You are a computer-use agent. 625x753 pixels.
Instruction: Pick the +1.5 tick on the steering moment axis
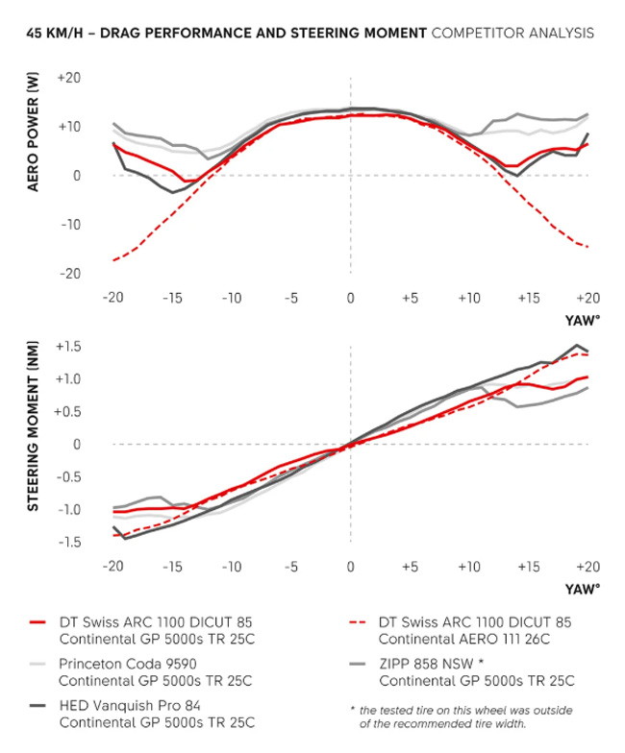tap(68, 346)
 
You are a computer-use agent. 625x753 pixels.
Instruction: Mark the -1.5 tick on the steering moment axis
tap(68, 543)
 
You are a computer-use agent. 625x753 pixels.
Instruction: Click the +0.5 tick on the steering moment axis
tap(68, 411)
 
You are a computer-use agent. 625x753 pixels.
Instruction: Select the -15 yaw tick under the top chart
tap(173, 298)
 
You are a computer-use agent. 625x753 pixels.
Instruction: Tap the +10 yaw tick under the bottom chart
tap(468, 567)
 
